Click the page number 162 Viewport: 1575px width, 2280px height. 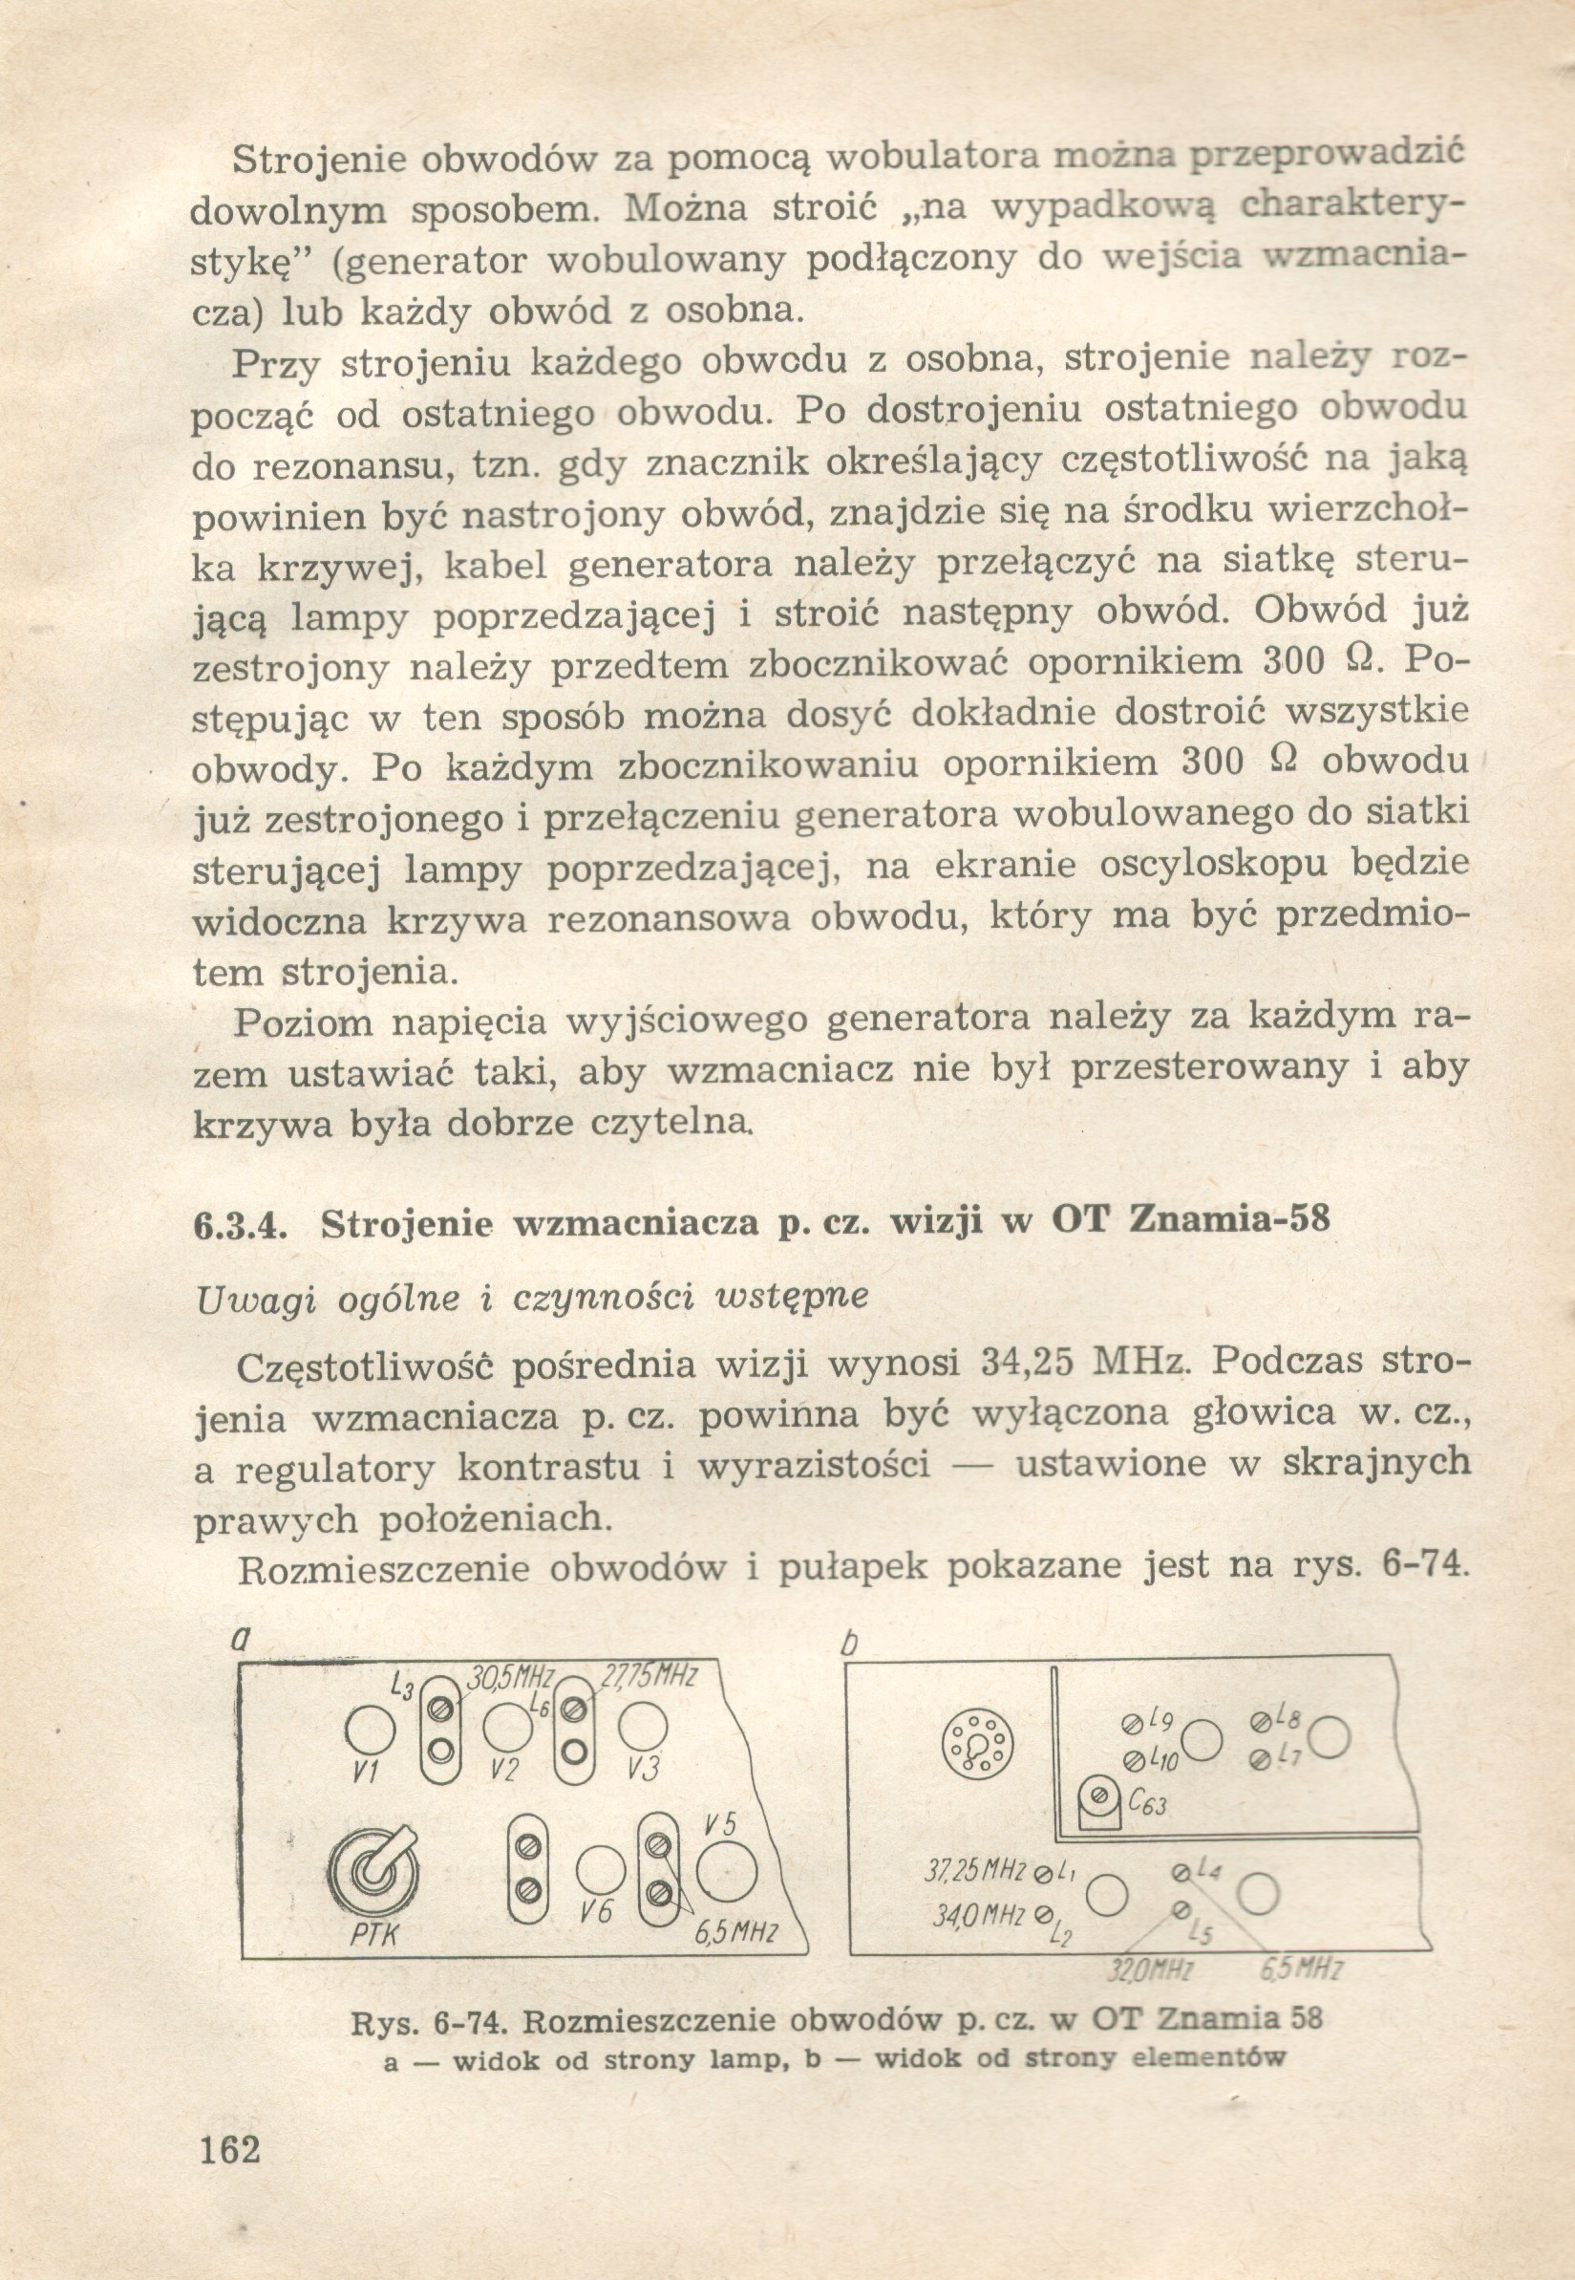click(x=230, y=2172)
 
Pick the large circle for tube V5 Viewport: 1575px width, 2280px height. click(x=726, y=1872)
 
